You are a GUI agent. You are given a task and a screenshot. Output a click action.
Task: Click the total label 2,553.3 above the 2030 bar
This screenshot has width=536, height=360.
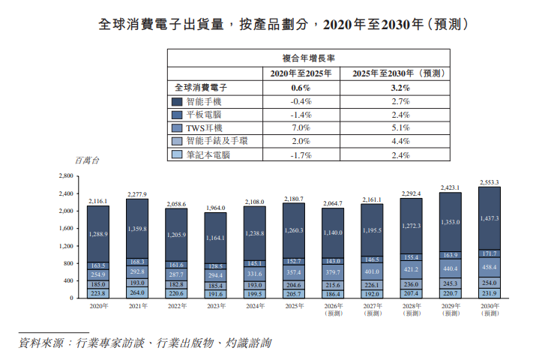490,182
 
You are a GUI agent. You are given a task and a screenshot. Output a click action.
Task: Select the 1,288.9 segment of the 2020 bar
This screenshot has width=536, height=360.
98,235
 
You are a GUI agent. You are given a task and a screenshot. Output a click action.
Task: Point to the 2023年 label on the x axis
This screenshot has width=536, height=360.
215,306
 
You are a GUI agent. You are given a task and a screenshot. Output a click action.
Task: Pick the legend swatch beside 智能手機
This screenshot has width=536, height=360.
177,100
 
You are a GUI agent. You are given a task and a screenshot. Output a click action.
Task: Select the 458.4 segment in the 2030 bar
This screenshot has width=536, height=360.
490,265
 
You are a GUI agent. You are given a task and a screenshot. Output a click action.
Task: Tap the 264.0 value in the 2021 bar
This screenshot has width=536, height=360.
137,292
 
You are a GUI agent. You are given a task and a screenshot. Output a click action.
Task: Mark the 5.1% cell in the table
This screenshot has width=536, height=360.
400,127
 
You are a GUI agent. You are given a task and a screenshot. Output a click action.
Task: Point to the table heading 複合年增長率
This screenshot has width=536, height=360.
307,58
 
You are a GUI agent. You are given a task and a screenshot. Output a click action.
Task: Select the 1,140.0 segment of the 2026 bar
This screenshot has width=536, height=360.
333,233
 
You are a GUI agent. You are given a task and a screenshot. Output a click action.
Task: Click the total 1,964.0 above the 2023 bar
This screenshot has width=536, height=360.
215,208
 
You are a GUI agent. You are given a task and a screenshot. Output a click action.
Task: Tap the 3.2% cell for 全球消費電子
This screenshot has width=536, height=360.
400,87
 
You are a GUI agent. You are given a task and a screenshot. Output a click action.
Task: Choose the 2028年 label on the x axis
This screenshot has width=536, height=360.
412,306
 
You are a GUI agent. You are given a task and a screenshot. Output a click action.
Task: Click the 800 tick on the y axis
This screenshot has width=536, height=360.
66,263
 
